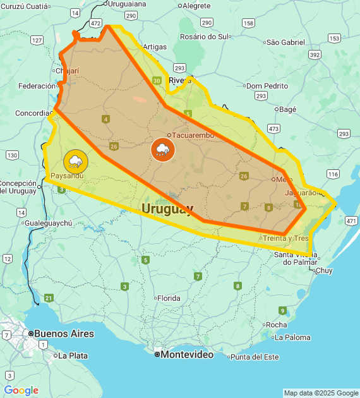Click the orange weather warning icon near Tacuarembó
pyautogui.click(x=163, y=150)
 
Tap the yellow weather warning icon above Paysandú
pyautogui.click(x=76, y=160)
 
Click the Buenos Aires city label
pyautogui.click(x=63, y=334)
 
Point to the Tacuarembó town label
pyautogui.click(x=193, y=135)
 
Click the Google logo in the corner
pyautogui.click(x=21, y=390)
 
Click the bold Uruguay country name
pyautogui.click(x=167, y=208)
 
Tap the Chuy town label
pyautogui.click(x=323, y=270)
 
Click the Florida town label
pyautogui.click(x=169, y=298)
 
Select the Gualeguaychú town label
pyautogui.click(x=49, y=223)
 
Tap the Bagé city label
pyautogui.click(x=287, y=109)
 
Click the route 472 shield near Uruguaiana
pyautogui.click(x=95, y=23)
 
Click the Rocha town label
pyautogui.click(x=276, y=325)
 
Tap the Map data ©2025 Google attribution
pyautogui.click(x=321, y=393)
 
